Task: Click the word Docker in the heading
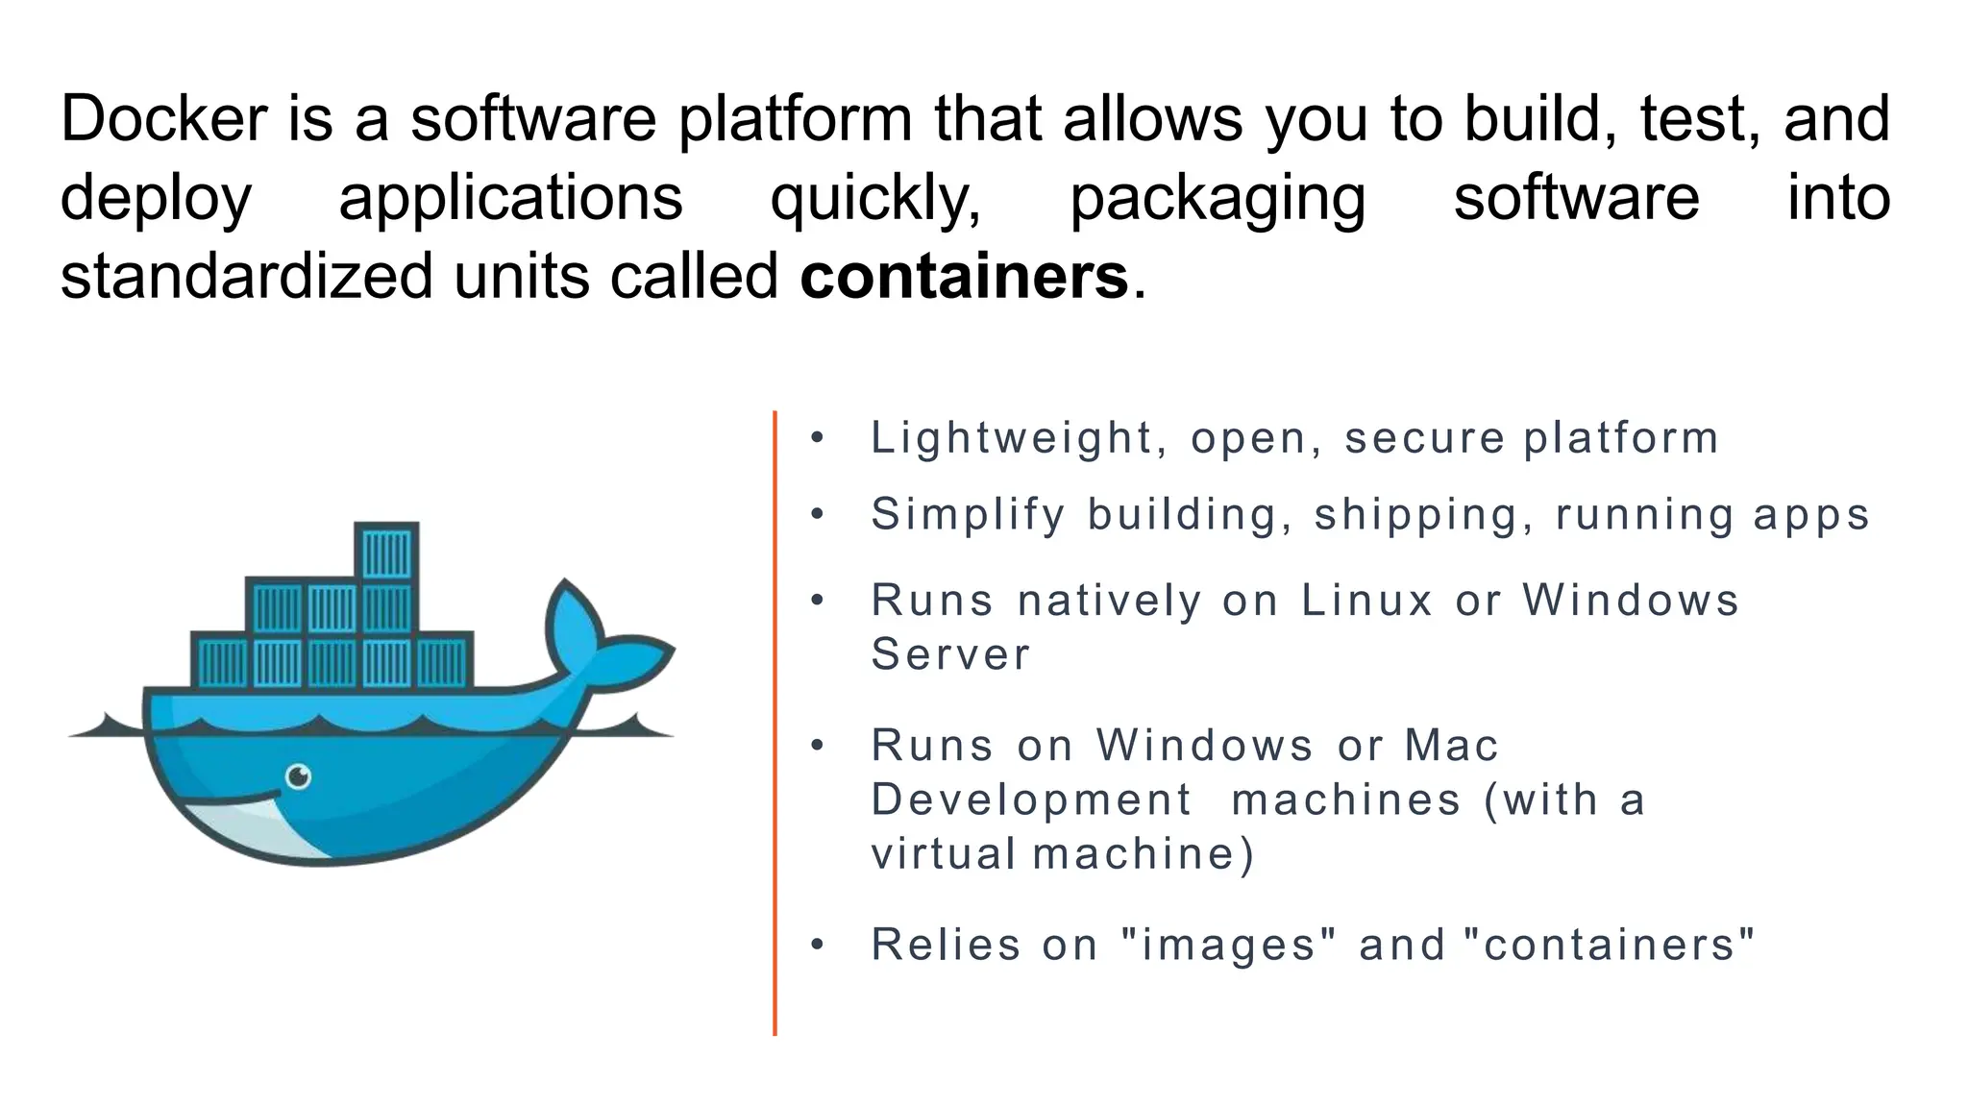163,119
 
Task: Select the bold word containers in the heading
963,277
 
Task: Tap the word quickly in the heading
875,199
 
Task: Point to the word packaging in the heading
1217,199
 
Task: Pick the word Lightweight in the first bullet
1011,438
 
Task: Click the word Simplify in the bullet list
968,515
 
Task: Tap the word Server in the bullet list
949,655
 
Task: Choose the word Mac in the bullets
1450,746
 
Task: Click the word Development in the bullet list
1030,799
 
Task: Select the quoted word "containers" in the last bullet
1609,945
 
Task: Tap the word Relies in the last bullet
946,945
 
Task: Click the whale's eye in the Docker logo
299,775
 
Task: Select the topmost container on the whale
386,552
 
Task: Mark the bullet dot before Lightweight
818,439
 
